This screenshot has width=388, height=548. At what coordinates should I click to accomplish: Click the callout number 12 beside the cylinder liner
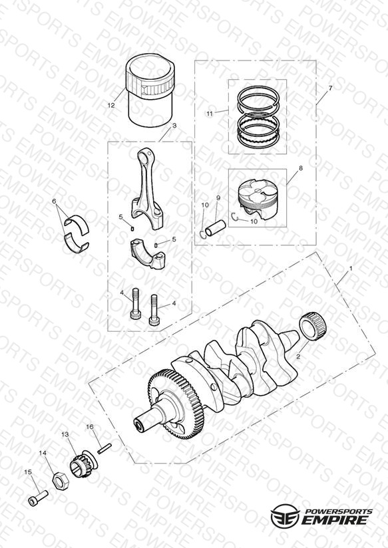point(111,105)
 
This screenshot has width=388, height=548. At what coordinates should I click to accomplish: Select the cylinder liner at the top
point(150,90)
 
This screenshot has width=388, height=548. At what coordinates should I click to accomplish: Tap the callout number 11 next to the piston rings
point(209,114)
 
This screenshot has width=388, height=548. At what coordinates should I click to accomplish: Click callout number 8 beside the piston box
point(301,168)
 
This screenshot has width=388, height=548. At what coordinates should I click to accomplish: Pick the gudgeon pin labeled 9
point(216,228)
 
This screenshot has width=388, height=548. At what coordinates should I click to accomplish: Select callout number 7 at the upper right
point(330,88)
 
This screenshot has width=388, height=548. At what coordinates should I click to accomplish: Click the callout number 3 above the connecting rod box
point(174,126)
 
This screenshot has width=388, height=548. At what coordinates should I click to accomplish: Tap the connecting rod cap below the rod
point(148,253)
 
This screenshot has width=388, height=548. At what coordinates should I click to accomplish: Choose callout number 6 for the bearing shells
point(54,202)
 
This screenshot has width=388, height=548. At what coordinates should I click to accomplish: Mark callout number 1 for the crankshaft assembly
point(351,269)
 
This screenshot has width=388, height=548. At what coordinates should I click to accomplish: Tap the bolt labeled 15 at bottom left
point(37,499)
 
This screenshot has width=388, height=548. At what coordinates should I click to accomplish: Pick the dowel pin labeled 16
point(104,448)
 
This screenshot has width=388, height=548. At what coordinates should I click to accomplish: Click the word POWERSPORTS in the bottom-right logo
point(338,511)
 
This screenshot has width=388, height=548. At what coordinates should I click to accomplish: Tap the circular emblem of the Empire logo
point(285,515)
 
